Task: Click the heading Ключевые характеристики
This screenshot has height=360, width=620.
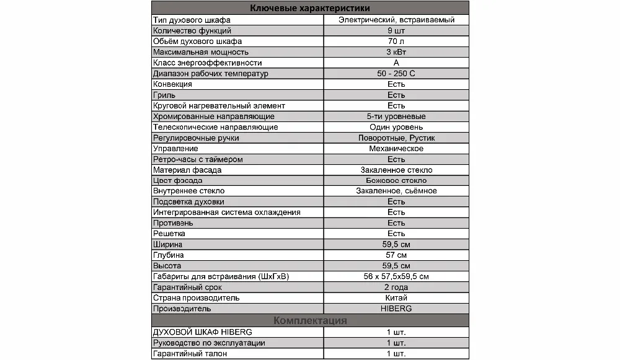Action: click(x=310, y=8)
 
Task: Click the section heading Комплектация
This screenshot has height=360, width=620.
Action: click(x=310, y=320)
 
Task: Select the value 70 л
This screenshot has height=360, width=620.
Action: click(x=396, y=42)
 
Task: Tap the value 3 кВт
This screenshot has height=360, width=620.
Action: click(x=396, y=52)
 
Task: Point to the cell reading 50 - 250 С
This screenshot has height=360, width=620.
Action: click(x=396, y=74)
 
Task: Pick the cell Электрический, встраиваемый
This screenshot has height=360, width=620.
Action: click(x=396, y=20)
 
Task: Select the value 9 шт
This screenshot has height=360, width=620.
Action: click(x=396, y=30)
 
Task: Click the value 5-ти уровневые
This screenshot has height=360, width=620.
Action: click(x=396, y=116)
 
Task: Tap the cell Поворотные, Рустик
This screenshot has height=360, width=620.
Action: click(x=396, y=138)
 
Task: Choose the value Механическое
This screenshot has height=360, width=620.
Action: click(x=396, y=149)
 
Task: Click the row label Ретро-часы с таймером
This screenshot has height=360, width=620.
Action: click(x=197, y=159)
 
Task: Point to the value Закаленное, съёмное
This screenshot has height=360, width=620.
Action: click(x=396, y=191)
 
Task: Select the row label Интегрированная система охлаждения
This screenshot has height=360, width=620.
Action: click(x=226, y=213)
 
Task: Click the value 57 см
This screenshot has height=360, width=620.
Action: click(x=396, y=255)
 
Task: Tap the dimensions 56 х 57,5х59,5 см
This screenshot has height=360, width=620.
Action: click(x=396, y=276)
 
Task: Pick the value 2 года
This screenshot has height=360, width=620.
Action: click(x=396, y=287)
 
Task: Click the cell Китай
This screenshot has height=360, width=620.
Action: click(x=396, y=297)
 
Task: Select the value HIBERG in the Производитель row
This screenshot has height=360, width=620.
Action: click(x=396, y=308)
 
